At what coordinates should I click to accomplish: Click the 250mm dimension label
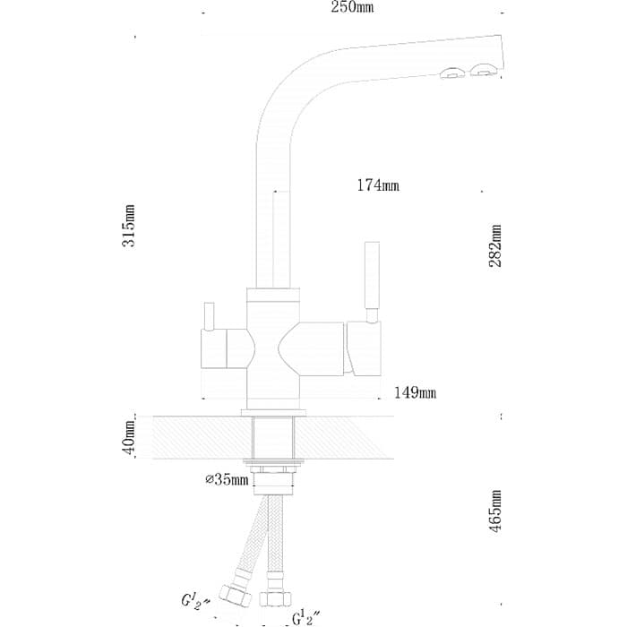tap(352, 7)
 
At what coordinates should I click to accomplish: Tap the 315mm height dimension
tap(129, 226)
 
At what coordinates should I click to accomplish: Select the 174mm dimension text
tap(378, 185)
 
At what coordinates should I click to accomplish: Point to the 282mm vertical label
tap(495, 245)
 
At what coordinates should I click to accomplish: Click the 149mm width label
tap(415, 392)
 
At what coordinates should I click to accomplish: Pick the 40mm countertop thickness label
tap(129, 438)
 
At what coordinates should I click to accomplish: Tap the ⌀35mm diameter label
tap(228, 479)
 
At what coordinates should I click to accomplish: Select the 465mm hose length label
tap(495, 511)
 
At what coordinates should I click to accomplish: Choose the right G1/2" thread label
tap(305, 617)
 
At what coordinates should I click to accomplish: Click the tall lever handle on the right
tap(373, 275)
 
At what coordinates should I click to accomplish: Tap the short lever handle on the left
tap(209, 316)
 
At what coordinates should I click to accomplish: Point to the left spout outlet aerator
tap(452, 73)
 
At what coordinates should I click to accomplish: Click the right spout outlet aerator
tap(484, 70)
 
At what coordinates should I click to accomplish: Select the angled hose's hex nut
tap(236, 596)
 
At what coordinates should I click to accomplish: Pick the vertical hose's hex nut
tap(276, 598)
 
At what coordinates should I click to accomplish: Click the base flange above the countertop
tap(273, 413)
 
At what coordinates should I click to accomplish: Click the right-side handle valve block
tap(364, 349)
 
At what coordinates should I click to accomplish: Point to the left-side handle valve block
tap(213, 348)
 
